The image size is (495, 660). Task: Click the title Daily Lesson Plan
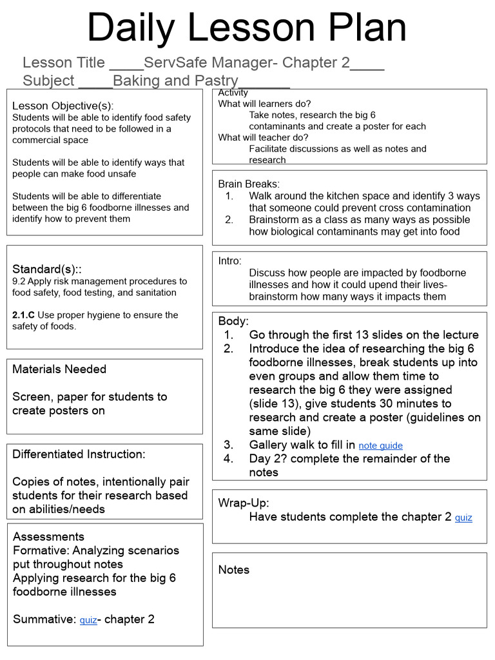(x=247, y=28)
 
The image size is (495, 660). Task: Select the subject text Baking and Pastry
(x=175, y=81)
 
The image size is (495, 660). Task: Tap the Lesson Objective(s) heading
(x=63, y=106)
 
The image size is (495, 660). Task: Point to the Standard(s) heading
(x=44, y=269)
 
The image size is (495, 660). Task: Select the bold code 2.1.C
(x=24, y=315)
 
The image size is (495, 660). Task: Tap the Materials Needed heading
(x=59, y=369)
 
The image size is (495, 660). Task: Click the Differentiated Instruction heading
(x=79, y=454)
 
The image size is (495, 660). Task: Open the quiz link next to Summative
(x=88, y=620)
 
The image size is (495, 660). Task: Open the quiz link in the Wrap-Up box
(x=463, y=518)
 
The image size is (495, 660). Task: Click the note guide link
(x=380, y=445)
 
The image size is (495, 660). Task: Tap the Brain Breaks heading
(x=249, y=184)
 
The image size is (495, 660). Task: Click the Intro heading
(x=230, y=261)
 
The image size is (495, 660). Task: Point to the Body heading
(x=233, y=321)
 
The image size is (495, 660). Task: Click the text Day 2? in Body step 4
(x=269, y=459)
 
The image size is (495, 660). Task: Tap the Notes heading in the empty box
(x=233, y=570)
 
